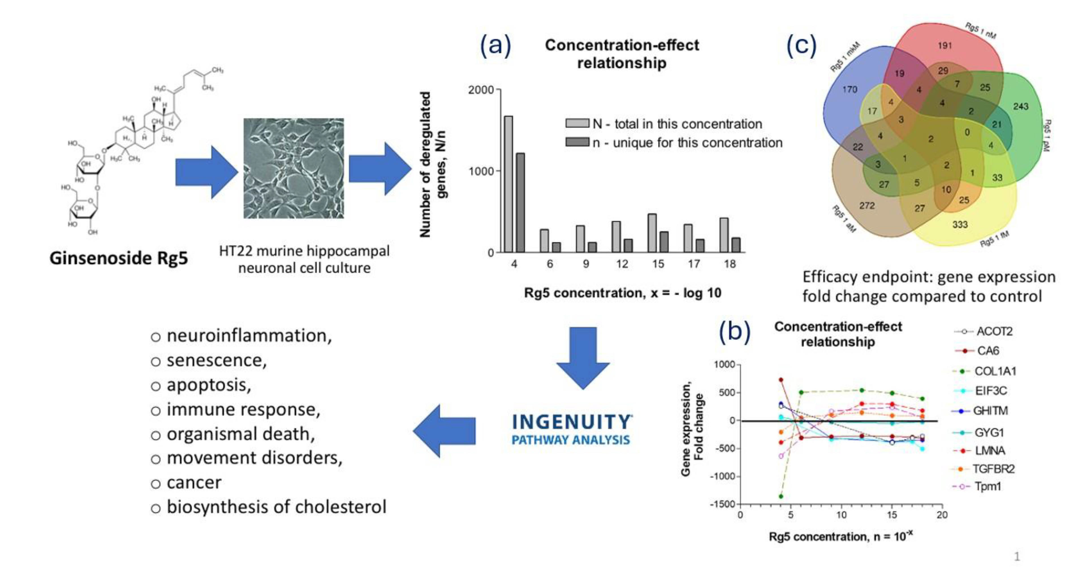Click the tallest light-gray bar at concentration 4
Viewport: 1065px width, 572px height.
(x=508, y=184)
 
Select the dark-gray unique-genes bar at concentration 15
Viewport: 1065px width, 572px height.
(x=664, y=242)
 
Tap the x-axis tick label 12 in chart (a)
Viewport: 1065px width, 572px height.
(x=622, y=264)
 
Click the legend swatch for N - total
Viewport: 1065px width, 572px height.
(x=577, y=123)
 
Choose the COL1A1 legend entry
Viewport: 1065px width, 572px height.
(x=995, y=371)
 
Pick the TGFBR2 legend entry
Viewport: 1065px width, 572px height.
(x=993, y=469)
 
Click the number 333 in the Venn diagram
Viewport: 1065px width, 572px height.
(x=960, y=224)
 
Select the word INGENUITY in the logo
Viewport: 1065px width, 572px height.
(x=571, y=422)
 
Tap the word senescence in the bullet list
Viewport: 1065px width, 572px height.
(x=216, y=360)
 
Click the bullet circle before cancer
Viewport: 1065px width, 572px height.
(x=156, y=484)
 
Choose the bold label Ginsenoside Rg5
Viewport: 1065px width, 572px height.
(x=119, y=258)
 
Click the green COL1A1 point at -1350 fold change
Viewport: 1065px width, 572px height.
(x=781, y=496)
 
